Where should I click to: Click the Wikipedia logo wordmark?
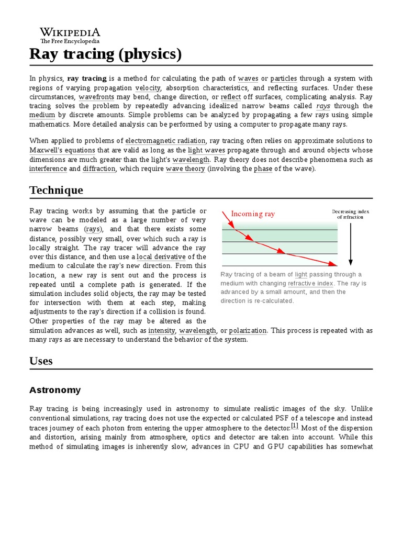[70, 32]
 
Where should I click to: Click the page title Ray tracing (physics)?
[105, 54]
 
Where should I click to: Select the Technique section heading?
[55, 189]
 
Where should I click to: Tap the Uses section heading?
[41, 361]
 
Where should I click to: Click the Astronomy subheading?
[55, 390]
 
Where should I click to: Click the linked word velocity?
[148, 88]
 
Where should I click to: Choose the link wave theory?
[185, 169]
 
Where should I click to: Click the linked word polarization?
[248, 331]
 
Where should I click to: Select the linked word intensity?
[162, 331]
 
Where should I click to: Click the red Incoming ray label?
[253, 214]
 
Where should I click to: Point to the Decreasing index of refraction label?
[350, 214]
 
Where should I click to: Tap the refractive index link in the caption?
[310, 283]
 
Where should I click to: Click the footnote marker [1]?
[295, 427]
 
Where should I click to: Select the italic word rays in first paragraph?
[323, 106]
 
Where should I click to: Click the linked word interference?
[48, 169]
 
